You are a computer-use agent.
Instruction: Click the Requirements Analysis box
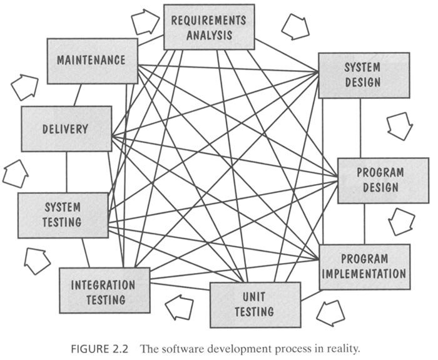pos(209,28)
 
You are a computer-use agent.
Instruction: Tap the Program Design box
pos(374,180)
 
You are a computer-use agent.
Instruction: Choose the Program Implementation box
pos(365,266)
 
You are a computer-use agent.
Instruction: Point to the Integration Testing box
pos(104,290)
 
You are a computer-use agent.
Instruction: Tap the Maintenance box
pos(92,61)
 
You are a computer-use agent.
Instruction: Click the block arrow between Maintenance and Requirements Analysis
pos(145,22)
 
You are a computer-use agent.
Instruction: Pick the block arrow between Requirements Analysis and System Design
pos(294,27)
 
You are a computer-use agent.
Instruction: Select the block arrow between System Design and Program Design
pos(399,126)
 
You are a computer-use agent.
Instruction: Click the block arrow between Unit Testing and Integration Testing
pos(180,307)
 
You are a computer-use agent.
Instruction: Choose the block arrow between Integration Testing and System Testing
pos(37,260)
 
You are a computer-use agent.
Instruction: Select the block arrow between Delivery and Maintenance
pos(24,87)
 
